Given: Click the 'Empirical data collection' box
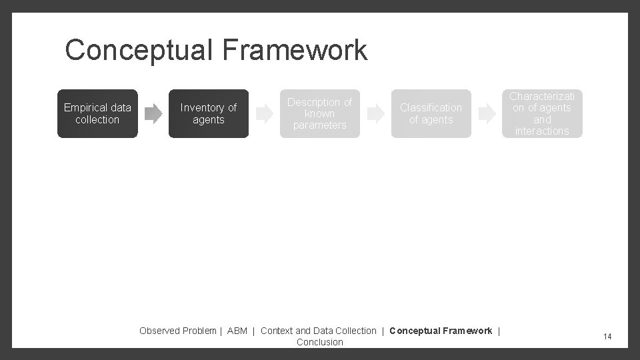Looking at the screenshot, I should (97, 114).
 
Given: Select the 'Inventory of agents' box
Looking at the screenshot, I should (208, 114).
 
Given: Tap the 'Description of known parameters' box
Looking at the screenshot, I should (319, 114).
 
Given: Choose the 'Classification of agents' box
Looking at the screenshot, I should (431, 114).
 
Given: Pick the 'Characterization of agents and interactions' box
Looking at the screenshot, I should (542, 114).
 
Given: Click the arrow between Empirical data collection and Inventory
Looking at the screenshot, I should (153, 114).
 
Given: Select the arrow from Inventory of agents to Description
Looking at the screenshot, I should (265, 114).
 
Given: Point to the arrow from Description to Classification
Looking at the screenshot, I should (376, 114).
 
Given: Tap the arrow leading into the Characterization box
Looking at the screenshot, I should (487, 114).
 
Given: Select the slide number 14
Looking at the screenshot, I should (607, 337).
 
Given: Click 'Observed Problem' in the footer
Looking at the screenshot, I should (177, 331).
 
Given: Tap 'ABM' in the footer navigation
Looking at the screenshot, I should (237, 331).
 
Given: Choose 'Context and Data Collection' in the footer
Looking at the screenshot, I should (318, 331).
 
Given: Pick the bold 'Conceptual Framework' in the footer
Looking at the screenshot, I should (441, 331).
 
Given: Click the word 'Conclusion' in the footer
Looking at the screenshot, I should (320, 342).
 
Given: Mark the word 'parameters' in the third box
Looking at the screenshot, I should (319, 125).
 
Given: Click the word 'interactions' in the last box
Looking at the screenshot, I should (542, 131).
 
